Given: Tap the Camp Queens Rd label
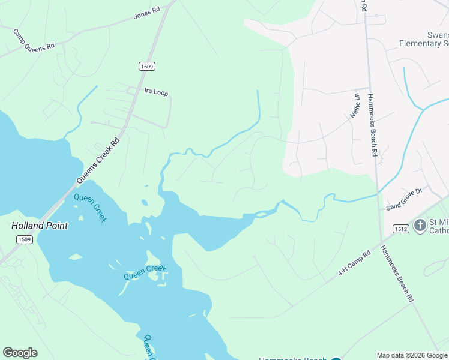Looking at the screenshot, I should pyautogui.click(x=34, y=40).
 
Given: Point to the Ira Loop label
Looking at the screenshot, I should pyautogui.click(x=156, y=92).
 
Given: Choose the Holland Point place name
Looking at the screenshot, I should pyautogui.click(x=40, y=226).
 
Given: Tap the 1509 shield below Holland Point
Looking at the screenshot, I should pyautogui.click(x=25, y=239).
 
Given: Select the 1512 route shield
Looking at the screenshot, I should pyautogui.click(x=401, y=229).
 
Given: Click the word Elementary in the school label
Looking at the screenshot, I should pyautogui.click(x=423, y=43).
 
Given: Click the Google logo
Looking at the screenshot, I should pyautogui.click(x=20, y=353).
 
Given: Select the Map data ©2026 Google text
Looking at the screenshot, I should pyautogui.click(x=412, y=355).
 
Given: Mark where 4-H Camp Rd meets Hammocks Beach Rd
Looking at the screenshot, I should pyautogui.click(x=381, y=243).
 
